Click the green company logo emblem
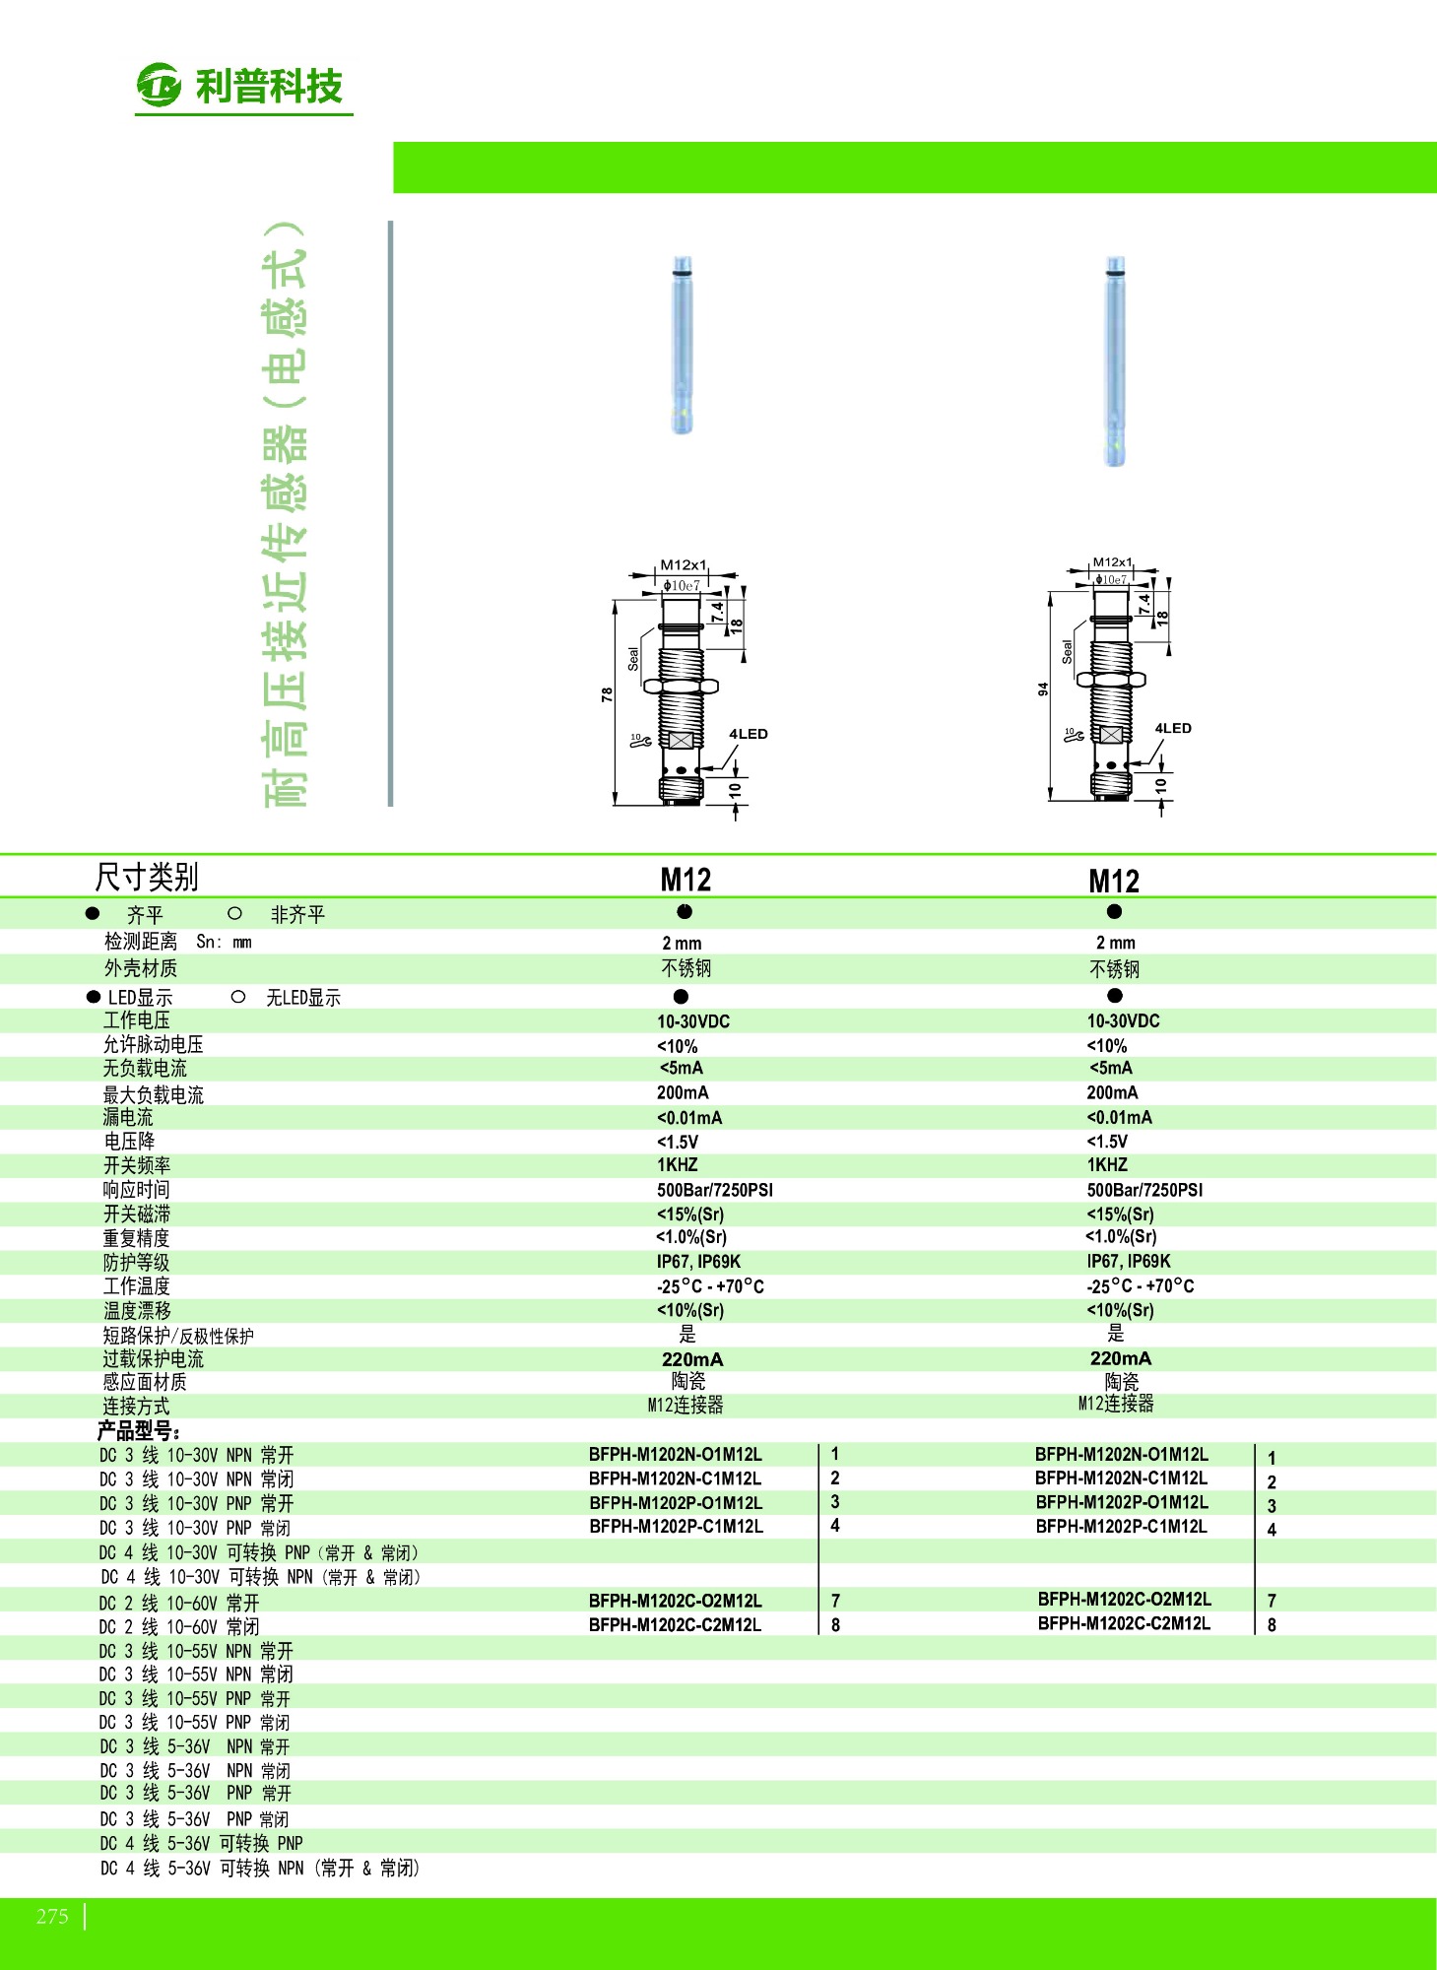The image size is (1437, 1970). point(160,85)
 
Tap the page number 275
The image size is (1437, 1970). point(52,1916)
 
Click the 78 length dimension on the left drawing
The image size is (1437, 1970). point(607,694)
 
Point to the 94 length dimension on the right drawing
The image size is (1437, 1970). point(1043,689)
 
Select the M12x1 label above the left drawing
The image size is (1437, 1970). point(684,564)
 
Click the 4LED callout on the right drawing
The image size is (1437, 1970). point(1173,728)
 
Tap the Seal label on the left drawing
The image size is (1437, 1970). point(633,659)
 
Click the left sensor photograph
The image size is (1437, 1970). point(682,345)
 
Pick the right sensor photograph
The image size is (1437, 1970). point(1114,361)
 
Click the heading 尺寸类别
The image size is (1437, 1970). point(147,876)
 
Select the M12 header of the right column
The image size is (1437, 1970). point(1114,881)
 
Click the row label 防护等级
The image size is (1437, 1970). point(137,1262)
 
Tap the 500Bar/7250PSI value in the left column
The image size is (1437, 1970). point(715,1190)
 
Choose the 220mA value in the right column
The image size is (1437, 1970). point(1121,1358)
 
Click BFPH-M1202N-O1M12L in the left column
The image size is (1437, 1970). point(676,1454)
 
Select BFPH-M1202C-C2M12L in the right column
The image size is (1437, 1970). point(1124,1623)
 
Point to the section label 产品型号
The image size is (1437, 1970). point(138,1430)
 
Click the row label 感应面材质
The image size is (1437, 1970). point(145,1382)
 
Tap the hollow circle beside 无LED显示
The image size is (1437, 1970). point(238,997)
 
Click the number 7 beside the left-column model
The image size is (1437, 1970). point(835,1601)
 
